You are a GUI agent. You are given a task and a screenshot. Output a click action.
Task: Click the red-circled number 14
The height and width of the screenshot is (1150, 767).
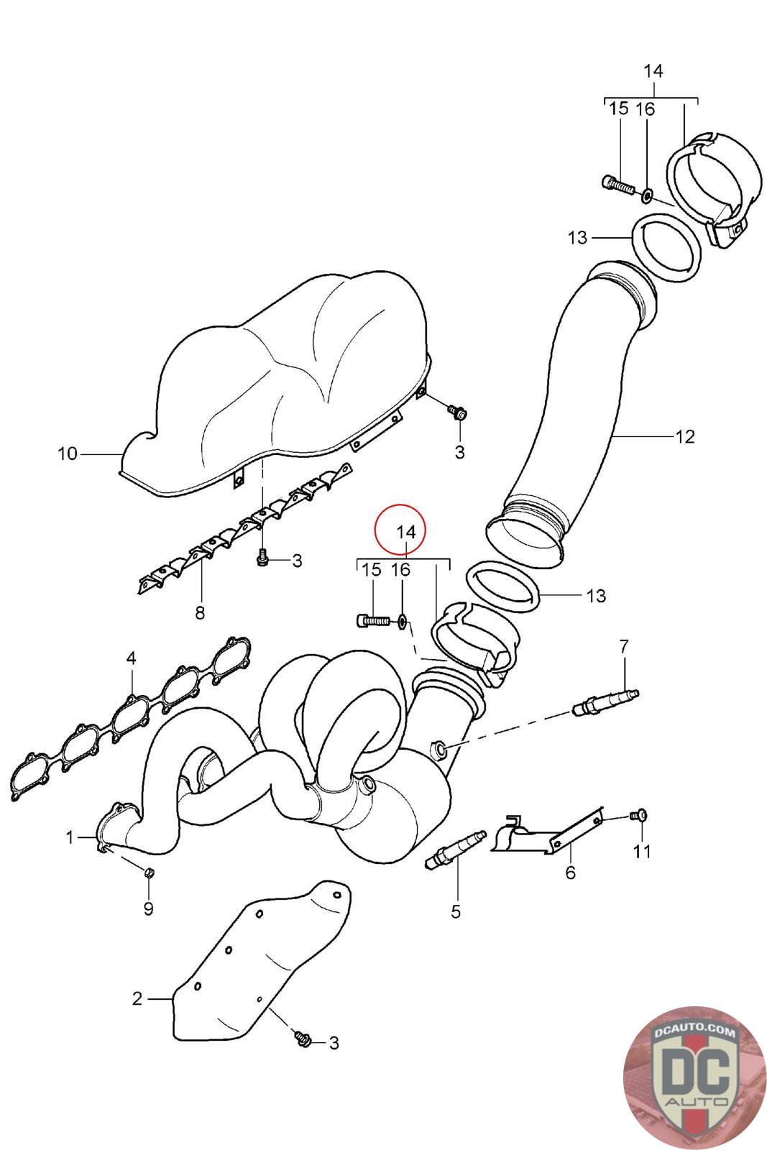pyautogui.click(x=406, y=532)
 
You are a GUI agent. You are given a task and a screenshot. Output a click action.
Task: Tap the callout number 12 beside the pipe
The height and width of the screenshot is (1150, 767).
pyautogui.click(x=685, y=436)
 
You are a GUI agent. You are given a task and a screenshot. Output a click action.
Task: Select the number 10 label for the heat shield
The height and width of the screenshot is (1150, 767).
pyautogui.click(x=67, y=454)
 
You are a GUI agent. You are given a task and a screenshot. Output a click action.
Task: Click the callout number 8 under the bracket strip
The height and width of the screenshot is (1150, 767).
pyautogui.click(x=199, y=613)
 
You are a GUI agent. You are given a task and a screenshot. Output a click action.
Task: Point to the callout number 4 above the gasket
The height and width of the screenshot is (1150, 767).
pyautogui.click(x=130, y=658)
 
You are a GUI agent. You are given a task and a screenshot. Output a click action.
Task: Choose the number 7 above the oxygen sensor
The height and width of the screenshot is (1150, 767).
pyautogui.click(x=623, y=645)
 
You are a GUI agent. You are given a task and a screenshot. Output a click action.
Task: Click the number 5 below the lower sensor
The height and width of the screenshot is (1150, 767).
pyautogui.click(x=456, y=911)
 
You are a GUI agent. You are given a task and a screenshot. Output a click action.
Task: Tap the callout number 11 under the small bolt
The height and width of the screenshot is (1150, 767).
pyautogui.click(x=641, y=852)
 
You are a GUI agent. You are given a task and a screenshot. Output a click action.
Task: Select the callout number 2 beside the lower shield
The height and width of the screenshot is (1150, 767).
pyautogui.click(x=137, y=998)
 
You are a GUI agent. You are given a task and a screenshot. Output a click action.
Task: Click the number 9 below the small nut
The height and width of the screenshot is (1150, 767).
pyautogui.click(x=148, y=908)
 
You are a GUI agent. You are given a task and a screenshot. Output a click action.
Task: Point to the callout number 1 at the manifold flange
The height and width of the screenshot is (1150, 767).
pyautogui.click(x=70, y=837)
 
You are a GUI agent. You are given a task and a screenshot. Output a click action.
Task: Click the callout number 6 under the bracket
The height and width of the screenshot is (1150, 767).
pyautogui.click(x=571, y=873)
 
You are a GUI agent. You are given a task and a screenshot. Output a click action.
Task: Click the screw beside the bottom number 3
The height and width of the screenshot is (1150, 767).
pyautogui.click(x=302, y=1037)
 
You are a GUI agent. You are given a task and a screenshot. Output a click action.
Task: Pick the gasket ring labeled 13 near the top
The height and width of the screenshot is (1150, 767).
pyautogui.click(x=666, y=249)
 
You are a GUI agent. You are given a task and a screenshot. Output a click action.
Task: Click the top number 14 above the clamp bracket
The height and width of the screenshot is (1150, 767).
pyautogui.click(x=653, y=71)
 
